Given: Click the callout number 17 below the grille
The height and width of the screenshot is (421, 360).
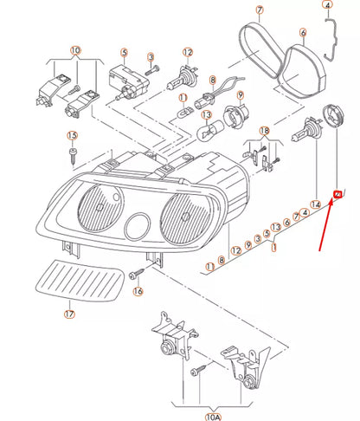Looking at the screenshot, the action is (x=69, y=314).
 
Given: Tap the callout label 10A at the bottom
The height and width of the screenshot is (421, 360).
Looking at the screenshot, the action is (x=213, y=417).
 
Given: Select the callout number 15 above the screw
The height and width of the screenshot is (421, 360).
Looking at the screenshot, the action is (x=72, y=135).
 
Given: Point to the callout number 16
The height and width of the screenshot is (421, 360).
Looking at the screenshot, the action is (x=138, y=291).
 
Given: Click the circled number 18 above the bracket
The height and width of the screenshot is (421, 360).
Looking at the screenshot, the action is (x=264, y=131).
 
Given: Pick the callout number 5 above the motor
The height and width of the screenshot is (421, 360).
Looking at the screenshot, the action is (x=124, y=53).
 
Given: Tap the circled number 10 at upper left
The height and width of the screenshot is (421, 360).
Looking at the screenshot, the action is (x=75, y=50).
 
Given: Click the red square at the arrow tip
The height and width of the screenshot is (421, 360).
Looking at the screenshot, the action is (x=337, y=195).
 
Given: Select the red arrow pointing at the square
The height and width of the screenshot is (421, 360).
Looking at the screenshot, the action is (x=325, y=225).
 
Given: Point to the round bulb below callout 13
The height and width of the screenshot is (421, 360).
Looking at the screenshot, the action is (x=209, y=130).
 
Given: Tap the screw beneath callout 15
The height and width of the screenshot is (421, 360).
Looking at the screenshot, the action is (x=72, y=156).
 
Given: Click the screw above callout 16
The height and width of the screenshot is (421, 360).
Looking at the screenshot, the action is (x=137, y=273).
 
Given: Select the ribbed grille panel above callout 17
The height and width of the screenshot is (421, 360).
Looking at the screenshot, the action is (x=80, y=280).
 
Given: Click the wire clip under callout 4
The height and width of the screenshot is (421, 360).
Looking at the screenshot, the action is (x=331, y=39).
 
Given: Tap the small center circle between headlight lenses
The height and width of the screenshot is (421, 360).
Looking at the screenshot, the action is (x=138, y=226).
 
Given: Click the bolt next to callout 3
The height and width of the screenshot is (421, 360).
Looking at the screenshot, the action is (x=152, y=70).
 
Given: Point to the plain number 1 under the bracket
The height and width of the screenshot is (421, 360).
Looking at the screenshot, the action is (x=273, y=248).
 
